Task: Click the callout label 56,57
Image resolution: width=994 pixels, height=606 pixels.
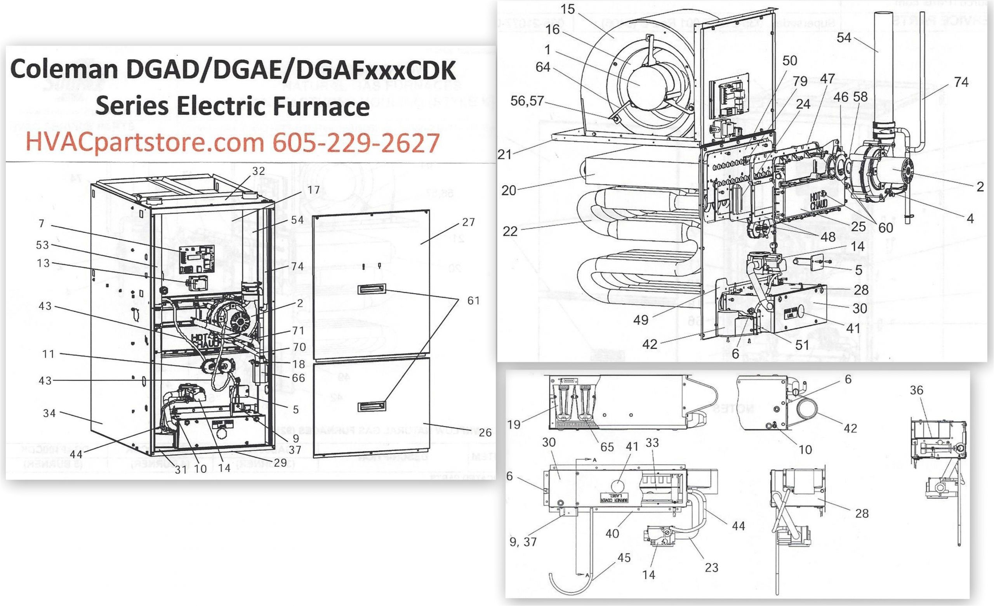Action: click(x=527, y=101)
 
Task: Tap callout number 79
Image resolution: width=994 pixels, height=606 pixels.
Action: click(x=799, y=81)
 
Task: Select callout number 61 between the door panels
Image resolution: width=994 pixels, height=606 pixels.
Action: click(x=473, y=300)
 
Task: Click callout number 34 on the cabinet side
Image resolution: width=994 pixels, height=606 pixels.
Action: click(x=49, y=413)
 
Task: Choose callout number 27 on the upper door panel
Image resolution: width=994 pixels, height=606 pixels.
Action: click(x=468, y=222)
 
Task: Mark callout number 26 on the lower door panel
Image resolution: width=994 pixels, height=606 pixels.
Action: click(x=485, y=432)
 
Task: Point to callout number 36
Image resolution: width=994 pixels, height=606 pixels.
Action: click(x=917, y=390)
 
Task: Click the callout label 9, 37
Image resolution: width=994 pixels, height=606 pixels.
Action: click(x=523, y=542)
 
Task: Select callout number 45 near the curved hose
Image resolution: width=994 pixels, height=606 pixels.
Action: click(x=624, y=557)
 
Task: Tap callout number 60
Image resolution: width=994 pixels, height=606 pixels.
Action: click(x=886, y=227)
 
